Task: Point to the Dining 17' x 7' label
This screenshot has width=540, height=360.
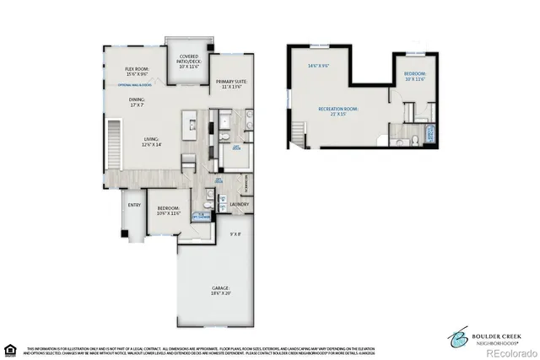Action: point(138,102)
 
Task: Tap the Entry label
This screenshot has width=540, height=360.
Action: point(133,204)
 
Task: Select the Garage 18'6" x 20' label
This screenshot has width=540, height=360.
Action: point(221,292)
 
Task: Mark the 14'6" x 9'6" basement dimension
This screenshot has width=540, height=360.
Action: point(318,65)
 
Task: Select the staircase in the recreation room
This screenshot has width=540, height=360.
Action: point(297,131)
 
